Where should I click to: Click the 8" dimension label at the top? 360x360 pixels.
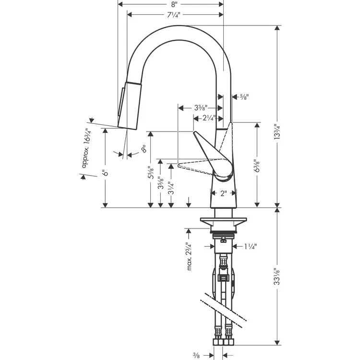click(x=170, y=4)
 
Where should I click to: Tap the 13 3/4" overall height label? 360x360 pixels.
click(x=276, y=131)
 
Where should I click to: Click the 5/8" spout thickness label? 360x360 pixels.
click(x=243, y=96)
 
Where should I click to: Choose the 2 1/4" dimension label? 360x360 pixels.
click(x=208, y=118)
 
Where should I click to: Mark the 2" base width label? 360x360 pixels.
click(x=223, y=193)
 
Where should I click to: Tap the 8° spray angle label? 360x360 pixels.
click(x=144, y=150)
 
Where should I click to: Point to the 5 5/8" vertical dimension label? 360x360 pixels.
click(x=151, y=170)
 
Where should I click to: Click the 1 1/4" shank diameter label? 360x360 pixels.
click(x=250, y=246)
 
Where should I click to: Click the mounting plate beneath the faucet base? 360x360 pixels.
click(x=223, y=222)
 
